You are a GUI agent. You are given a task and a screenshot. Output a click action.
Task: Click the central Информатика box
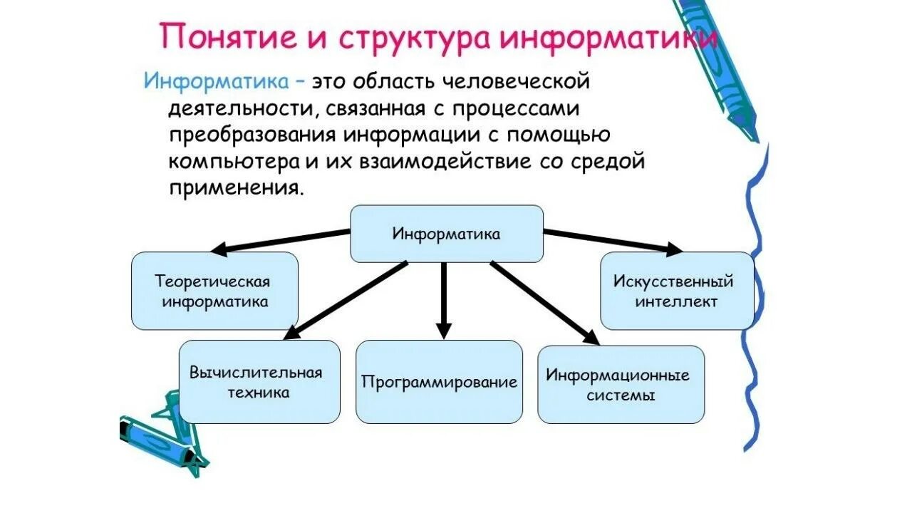(447, 234)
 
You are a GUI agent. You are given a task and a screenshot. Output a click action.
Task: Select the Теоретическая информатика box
(214, 291)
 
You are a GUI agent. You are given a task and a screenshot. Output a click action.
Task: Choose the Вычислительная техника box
(259, 382)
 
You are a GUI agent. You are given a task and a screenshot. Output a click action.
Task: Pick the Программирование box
(439, 382)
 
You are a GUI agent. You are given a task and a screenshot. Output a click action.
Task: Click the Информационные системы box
(620, 385)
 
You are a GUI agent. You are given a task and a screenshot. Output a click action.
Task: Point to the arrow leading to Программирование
(444, 299)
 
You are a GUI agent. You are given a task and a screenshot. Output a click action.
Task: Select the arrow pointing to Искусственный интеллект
(613, 240)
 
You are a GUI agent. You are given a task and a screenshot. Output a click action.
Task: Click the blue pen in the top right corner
(716, 64)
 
